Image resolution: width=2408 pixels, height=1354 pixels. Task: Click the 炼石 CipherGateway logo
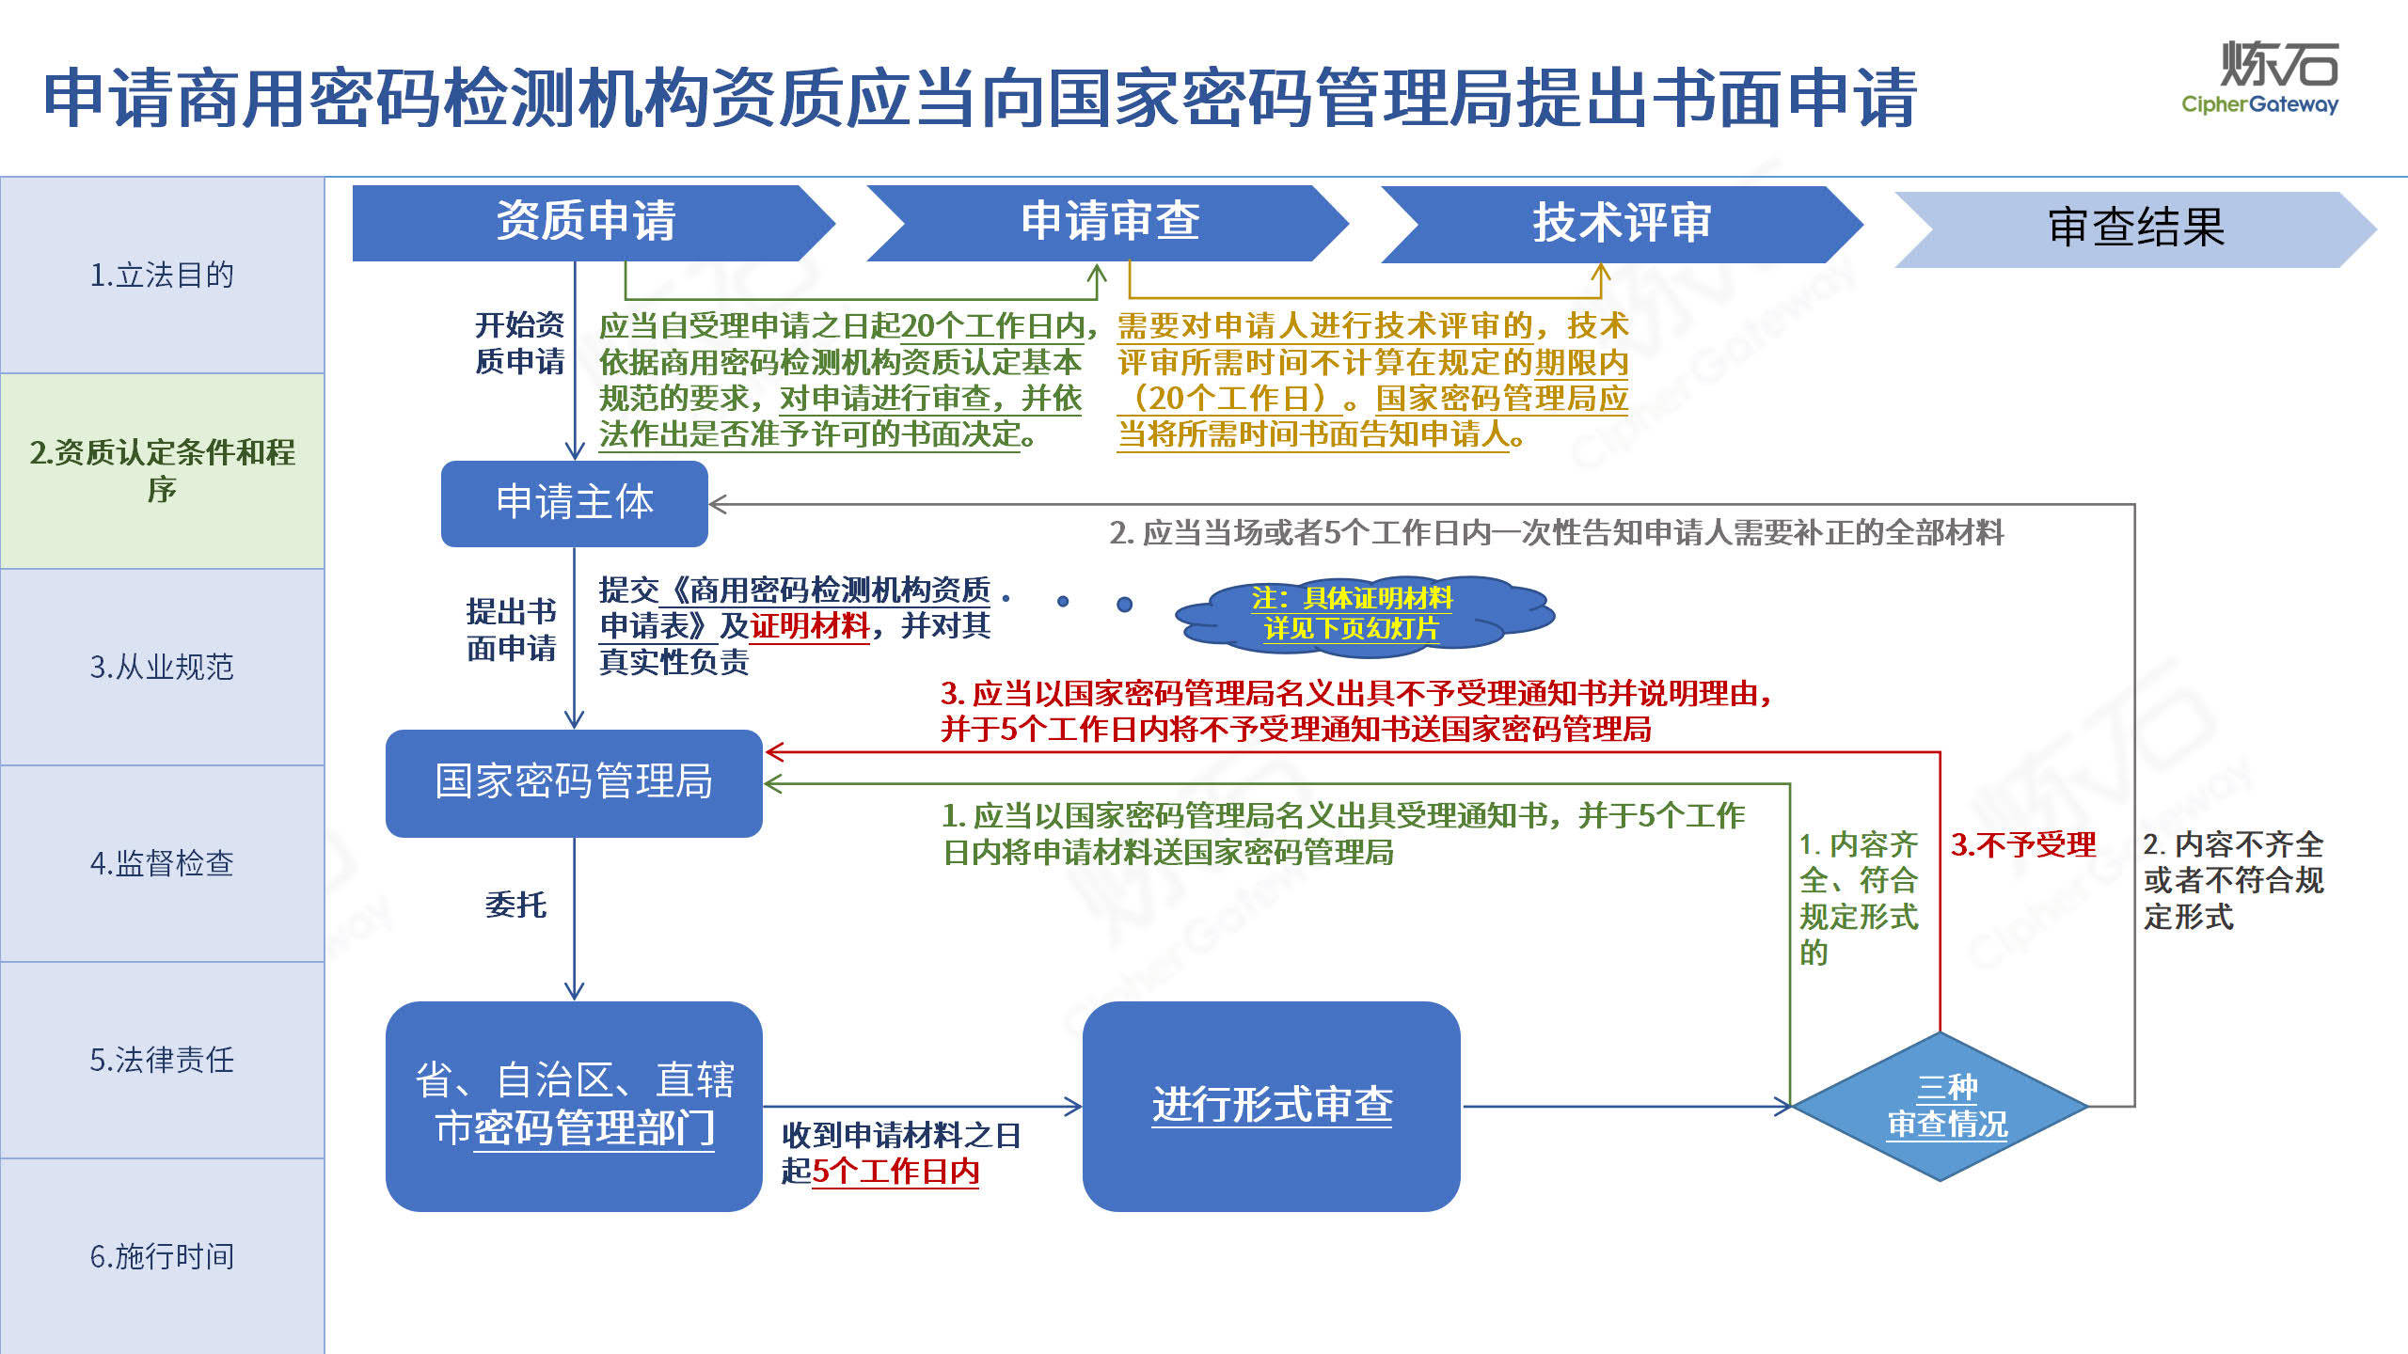(2260, 78)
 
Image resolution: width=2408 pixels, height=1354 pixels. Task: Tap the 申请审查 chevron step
(1108, 223)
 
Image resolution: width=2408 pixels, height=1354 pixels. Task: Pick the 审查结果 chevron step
(2135, 229)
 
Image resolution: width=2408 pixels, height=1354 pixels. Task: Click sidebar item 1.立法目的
(162, 276)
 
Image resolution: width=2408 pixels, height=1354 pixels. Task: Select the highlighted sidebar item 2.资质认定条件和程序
(162, 471)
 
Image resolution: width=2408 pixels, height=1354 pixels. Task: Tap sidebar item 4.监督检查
(162, 863)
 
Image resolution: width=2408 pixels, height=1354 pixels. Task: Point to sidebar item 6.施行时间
(162, 1256)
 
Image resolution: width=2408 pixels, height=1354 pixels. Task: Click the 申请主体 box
(575, 503)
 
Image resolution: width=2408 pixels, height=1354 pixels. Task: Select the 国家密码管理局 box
(574, 783)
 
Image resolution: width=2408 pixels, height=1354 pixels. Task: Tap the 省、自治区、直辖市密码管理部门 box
(574, 1107)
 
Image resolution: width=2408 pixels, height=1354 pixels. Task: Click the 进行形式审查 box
(1272, 1107)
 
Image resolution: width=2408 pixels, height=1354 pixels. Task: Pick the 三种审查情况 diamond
(1941, 1107)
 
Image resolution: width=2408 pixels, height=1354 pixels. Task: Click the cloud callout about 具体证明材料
(1364, 613)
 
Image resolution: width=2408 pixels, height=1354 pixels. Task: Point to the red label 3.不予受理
(2023, 844)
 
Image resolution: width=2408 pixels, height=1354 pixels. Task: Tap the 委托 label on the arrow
(515, 905)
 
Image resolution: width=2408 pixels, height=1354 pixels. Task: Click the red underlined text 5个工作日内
(895, 1172)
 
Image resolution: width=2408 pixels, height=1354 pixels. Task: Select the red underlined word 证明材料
(810, 625)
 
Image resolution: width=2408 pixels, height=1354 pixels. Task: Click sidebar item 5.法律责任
(162, 1060)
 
